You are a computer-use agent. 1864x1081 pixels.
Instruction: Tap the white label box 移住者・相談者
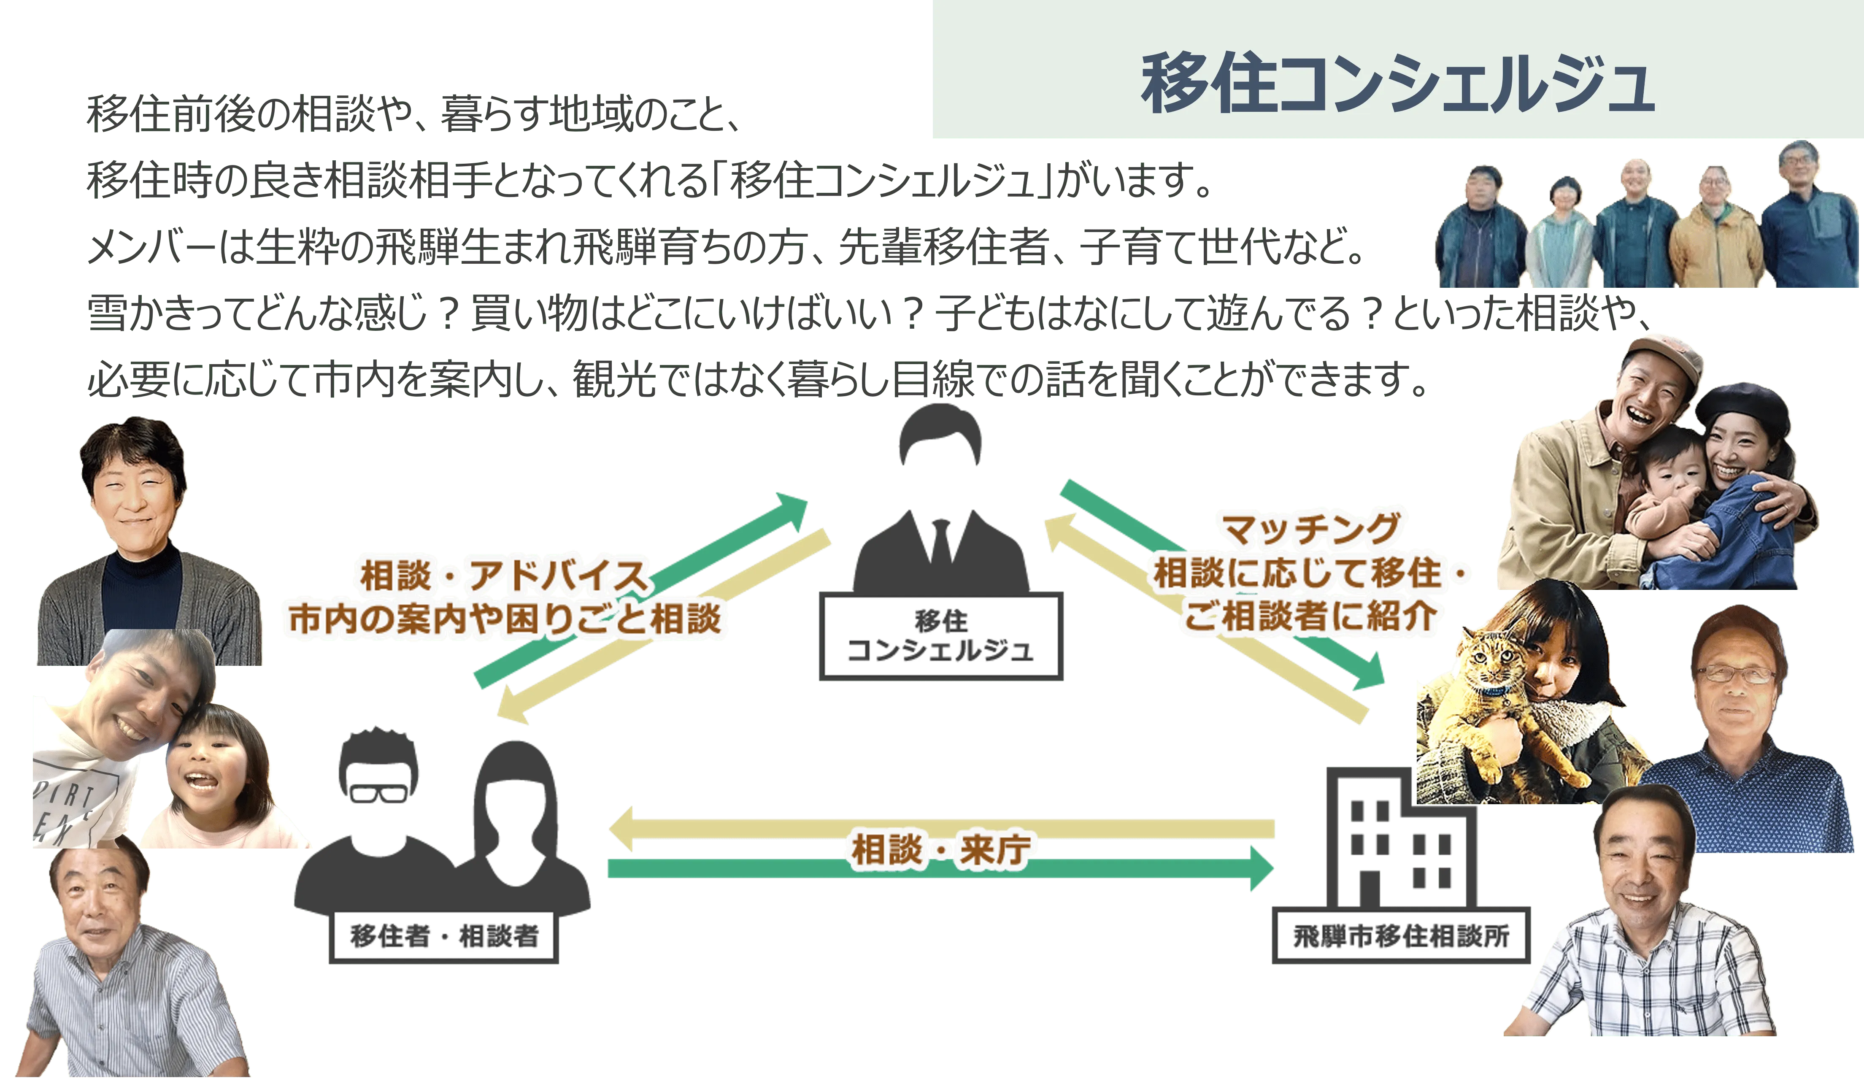(x=443, y=938)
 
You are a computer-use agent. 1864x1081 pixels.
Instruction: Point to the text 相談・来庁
(x=940, y=850)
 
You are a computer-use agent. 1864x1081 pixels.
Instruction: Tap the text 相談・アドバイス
(x=503, y=576)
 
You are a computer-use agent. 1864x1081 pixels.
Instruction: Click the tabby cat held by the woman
(x=1502, y=710)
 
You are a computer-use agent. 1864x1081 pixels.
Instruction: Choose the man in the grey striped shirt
(x=111, y=969)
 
